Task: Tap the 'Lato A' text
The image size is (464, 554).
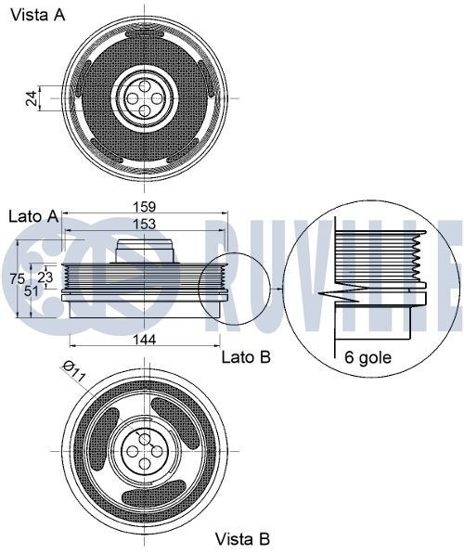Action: pos(33,216)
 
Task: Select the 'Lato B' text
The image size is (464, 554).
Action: pos(245,356)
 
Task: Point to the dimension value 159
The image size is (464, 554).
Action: pos(144,207)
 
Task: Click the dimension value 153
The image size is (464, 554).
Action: pos(144,224)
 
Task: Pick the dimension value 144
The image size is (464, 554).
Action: pos(144,340)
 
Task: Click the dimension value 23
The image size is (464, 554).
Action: pos(45,277)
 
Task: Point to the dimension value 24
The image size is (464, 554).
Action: pos(31,97)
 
